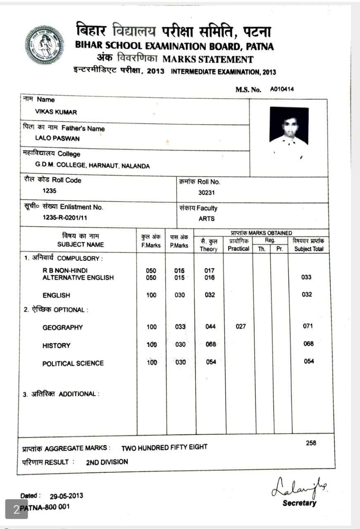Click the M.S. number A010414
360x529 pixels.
(282, 89)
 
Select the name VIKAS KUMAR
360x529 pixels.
(56, 112)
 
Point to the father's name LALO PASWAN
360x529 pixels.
(57, 138)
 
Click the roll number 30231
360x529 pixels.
(207, 193)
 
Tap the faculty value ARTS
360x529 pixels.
(207, 219)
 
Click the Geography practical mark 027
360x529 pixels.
(241, 326)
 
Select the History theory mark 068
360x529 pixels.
(210, 344)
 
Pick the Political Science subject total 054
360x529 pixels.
(309, 362)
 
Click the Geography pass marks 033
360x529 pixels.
(180, 327)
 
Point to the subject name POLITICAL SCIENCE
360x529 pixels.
(73, 364)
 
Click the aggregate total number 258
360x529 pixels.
(311, 443)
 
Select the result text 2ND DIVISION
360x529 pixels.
(107, 462)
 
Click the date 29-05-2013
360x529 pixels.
(67, 496)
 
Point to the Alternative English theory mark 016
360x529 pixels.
(210, 278)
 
